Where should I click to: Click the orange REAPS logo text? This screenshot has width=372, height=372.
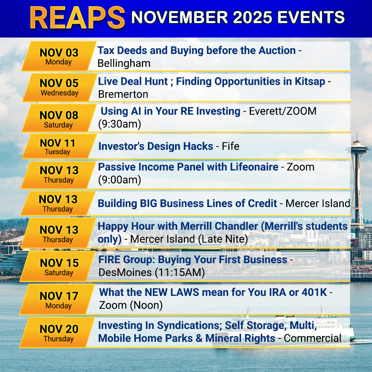click(77, 18)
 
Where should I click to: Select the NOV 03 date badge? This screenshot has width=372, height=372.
click(59, 56)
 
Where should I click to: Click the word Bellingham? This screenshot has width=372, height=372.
click(124, 64)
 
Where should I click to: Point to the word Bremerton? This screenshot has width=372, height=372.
click(123, 94)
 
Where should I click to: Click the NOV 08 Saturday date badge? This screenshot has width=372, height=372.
click(59, 118)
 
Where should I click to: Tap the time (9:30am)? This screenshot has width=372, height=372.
click(120, 124)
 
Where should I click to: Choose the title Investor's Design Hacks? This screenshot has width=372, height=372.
click(156, 146)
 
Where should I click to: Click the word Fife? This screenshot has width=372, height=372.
click(230, 146)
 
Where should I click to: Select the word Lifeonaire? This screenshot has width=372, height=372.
click(254, 167)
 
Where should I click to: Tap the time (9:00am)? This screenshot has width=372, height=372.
click(120, 180)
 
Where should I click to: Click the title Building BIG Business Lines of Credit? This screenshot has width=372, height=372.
click(187, 203)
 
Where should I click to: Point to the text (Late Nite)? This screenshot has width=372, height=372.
click(223, 239)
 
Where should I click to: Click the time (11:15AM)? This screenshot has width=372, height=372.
click(180, 272)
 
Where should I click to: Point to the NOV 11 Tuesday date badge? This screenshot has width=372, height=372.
click(59, 146)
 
